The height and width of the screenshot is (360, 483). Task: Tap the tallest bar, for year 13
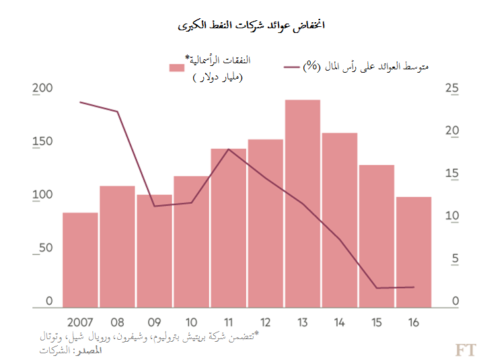click(302, 203)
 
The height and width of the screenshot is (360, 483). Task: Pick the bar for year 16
click(413, 252)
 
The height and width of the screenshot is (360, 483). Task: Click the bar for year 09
click(154, 251)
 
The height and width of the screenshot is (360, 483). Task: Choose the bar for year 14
click(339, 220)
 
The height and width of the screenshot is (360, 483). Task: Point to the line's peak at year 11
click(229, 149)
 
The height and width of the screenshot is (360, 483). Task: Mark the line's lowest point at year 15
click(377, 288)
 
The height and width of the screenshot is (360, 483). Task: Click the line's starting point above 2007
click(81, 102)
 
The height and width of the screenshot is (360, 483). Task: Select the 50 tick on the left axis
click(44, 248)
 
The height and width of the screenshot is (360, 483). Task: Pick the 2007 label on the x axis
click(81, 322)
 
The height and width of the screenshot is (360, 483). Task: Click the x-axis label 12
click(265, 322)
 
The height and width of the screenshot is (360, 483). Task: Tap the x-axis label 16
click(413, 322)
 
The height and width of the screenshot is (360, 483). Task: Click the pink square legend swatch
click(177, 67)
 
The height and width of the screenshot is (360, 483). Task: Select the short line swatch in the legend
click(291, 67)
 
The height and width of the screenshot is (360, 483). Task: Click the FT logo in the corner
click(466, 349)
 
